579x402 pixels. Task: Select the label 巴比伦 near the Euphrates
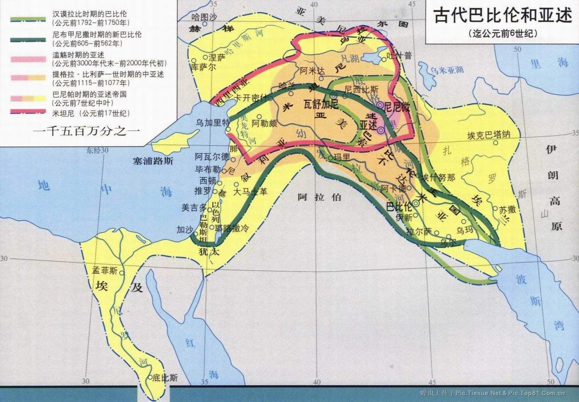click(399, 206)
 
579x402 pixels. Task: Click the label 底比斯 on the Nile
click(166, 378)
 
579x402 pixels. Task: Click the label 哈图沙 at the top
click(203, 17)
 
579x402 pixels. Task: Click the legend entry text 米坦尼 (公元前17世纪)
click(91, 113)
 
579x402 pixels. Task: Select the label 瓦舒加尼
click(321, 104)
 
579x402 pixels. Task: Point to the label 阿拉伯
click(313, 197)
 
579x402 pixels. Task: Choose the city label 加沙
click(185, 229)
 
